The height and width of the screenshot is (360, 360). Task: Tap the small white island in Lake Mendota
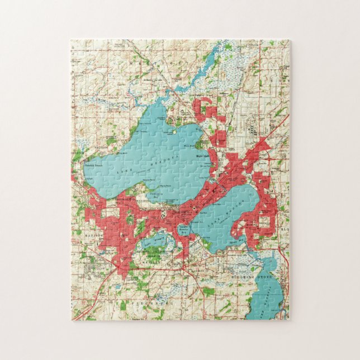[x=174, y=132]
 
